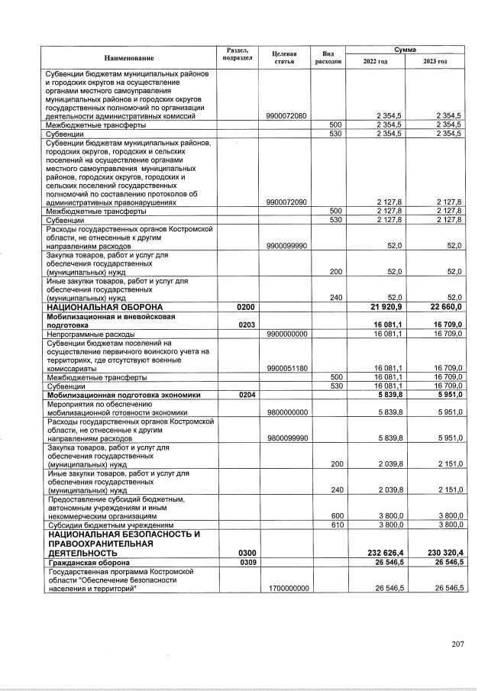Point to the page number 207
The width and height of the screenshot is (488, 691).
pyautogui.click(x=457, y=644)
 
